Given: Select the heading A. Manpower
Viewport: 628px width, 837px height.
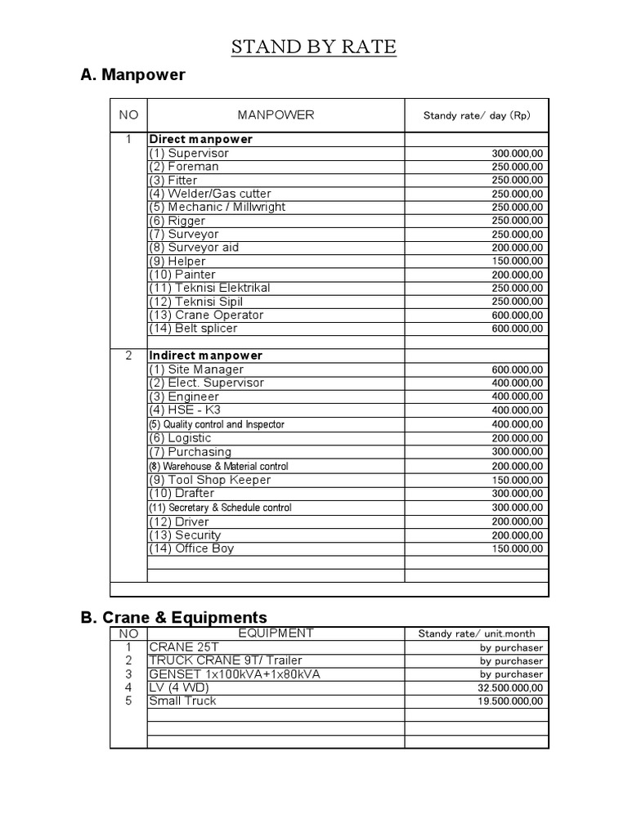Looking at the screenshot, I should pyautogui.click(x=133, y=75).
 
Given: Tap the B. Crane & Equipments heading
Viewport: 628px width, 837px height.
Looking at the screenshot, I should pyautogui.click(x=174, y=617).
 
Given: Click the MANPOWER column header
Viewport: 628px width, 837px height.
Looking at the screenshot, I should pyautogui.click(x=276, y=115).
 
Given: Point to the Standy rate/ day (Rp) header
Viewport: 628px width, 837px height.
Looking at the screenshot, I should pyautogui.click(x=477, y=115).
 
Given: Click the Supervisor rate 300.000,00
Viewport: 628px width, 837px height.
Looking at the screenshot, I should pyautogui.click(x=517, y=154).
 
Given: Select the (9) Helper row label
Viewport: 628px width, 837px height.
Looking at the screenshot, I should pyautogui.click(x=177, y=261).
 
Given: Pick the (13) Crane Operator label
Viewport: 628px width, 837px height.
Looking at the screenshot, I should pyautogui.click(x=206, y=315).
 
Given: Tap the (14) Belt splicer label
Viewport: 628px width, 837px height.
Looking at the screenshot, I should pyautogui.click(x=193, y=328).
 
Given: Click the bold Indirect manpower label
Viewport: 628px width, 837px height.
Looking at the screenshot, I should pyautogui.click(x=205, y=356).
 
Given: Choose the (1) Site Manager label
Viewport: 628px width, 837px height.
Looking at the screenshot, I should pyautogui.click(x=196, y=369).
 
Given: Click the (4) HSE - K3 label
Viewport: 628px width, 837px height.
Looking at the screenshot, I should pyautogui.click(x=185, y=410).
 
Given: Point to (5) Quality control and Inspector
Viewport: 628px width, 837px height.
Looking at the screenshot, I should pyautogui.click(x=217, y=424).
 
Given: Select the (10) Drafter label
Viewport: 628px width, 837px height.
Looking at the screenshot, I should pyautogui.click(x=182, y=493).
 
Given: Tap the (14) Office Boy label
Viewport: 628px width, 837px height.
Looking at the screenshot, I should pyautogui.click(x=191, y=548).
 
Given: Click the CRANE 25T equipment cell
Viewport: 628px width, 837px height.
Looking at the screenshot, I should pyautogui.click(x=184, y=647).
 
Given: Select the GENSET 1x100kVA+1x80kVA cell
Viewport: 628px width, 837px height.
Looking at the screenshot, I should pyautogui.click(x=235, y=674).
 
